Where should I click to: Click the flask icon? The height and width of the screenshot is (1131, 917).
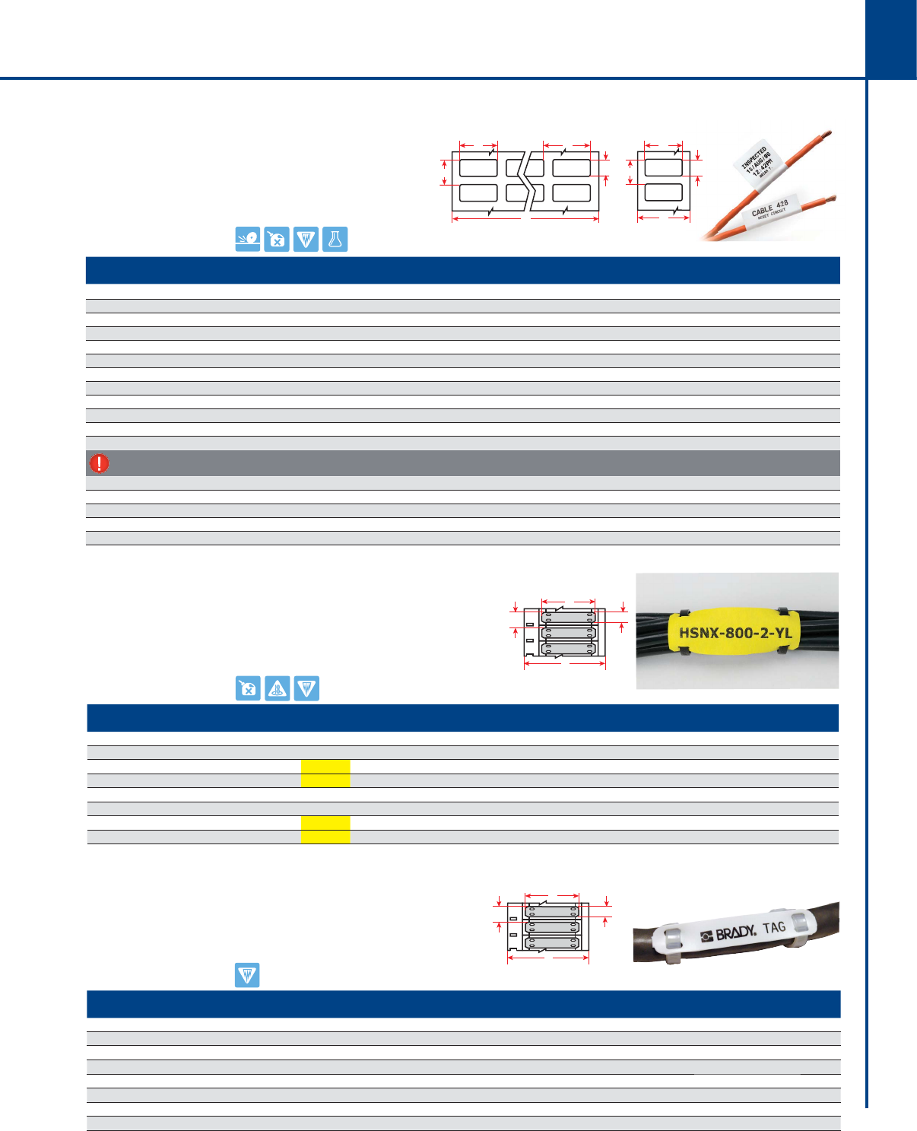(x=335, y=240)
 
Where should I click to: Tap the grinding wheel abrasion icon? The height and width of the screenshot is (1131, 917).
(x=248, y=240)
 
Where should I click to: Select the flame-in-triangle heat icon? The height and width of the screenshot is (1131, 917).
(x=278, y=688)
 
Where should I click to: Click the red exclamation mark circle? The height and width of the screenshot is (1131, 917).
(x=99, y=463)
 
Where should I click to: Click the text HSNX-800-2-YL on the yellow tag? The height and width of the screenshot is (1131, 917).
(x=735, y=633)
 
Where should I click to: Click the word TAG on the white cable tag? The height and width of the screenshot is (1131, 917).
(x=774, y=927)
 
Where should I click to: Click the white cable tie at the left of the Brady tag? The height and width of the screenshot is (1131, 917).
(x=670, y=945)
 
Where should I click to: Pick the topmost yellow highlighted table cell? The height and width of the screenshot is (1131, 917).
(x=325, y=767)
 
